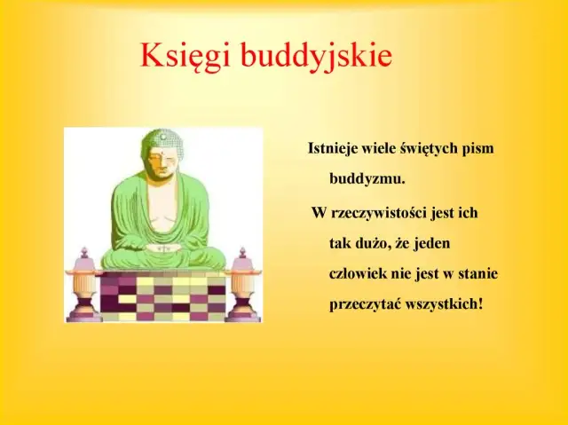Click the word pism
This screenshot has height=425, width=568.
(477, 148)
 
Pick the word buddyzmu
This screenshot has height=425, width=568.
(367, 178)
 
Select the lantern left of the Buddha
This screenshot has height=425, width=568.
(84, 284)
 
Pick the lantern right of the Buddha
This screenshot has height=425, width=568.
(241, 284)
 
